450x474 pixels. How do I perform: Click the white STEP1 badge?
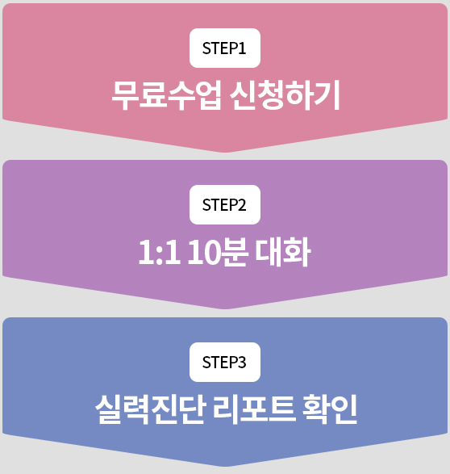click(225, 48)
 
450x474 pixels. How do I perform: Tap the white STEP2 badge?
click(225, 204)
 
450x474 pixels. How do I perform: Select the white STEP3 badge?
click(225, 362)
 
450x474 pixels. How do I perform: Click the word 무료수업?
click(167, 95)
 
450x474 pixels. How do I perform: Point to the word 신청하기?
click(285, 95)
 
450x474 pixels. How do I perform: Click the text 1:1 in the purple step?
click(160, 252)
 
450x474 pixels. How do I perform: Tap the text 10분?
click(218, 252)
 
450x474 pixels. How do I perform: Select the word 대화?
click(283, 252)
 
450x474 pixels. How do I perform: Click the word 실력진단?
click(151, 409)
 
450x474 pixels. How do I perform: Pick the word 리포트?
click(254, 409)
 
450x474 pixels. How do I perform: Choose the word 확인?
click(329, 409)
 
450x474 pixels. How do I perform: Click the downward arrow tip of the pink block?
click(225, 152)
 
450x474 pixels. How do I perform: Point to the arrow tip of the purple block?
click(225, 308)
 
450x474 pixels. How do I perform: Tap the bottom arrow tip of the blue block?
click(225, 466)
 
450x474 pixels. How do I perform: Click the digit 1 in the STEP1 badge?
click(242, 48)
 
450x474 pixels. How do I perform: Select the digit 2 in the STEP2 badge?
click(242, 205)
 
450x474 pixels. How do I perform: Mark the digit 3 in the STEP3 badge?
click(242, 362)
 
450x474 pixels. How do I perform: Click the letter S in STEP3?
click(206, 362)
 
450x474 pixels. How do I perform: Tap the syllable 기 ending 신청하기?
click(327, 95)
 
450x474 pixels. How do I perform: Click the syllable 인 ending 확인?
click(344, 409)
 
